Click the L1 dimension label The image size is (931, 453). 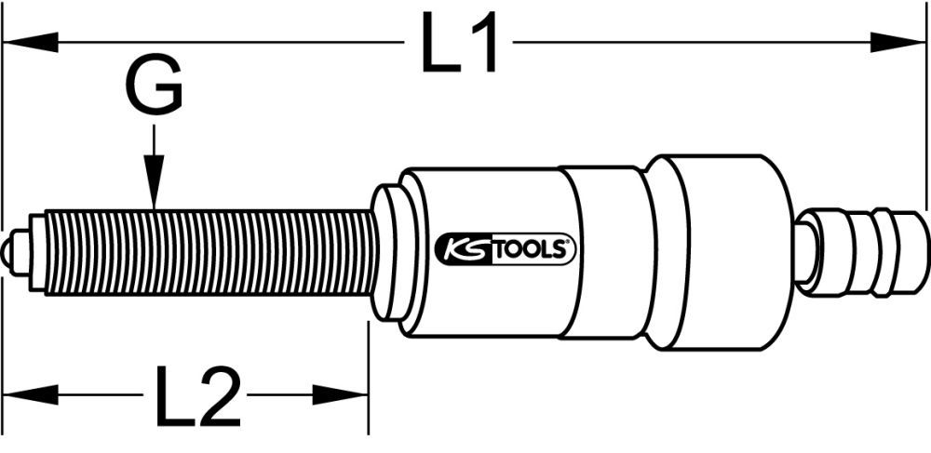(459, 44)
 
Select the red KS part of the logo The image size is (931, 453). (461, 249)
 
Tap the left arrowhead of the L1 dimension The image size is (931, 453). (28, 42)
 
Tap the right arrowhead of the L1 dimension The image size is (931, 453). (899, 42)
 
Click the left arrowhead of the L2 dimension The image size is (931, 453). (28, 393)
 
